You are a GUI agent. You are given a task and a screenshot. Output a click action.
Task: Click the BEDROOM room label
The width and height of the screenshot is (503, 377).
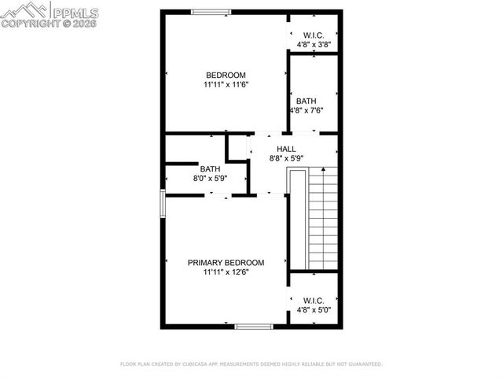[226, 76]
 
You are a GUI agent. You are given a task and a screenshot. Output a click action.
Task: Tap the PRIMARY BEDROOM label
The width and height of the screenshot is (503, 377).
[226, 263]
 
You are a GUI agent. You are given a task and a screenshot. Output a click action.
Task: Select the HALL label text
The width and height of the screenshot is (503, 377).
[286, 149]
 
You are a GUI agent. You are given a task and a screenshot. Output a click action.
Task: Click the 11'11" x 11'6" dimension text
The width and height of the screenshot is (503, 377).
[226, 84]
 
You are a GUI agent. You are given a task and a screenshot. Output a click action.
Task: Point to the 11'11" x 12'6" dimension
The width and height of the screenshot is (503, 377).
[226, 272]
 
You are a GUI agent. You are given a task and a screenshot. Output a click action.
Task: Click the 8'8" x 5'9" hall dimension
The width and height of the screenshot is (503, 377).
[286, 158]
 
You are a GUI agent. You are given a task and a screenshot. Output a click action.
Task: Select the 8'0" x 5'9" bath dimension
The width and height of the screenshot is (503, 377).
[210, 179]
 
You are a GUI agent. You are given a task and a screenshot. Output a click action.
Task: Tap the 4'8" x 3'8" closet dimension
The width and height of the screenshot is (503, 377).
[314, 45]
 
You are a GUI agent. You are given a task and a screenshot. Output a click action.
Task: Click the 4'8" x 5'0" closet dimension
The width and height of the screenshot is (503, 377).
[314, 310]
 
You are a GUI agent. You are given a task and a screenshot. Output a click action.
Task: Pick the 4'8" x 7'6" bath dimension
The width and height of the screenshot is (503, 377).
[307, 110]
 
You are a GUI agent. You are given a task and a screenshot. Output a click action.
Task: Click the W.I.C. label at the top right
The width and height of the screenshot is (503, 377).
[314, 35]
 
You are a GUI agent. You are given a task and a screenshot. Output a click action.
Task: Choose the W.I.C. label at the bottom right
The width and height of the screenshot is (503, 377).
[314, 301]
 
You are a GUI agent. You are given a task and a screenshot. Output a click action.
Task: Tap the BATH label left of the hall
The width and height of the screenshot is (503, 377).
[210, 169]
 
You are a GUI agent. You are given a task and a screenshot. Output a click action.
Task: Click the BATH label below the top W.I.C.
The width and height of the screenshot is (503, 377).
[307, 101]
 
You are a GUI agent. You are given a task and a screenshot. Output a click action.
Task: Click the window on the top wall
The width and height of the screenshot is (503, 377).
[211, 11]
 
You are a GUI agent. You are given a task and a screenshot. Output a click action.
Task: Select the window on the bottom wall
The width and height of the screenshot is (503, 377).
[254, 326]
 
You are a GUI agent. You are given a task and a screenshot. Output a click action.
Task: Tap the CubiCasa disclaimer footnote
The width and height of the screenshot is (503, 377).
[251, 364]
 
